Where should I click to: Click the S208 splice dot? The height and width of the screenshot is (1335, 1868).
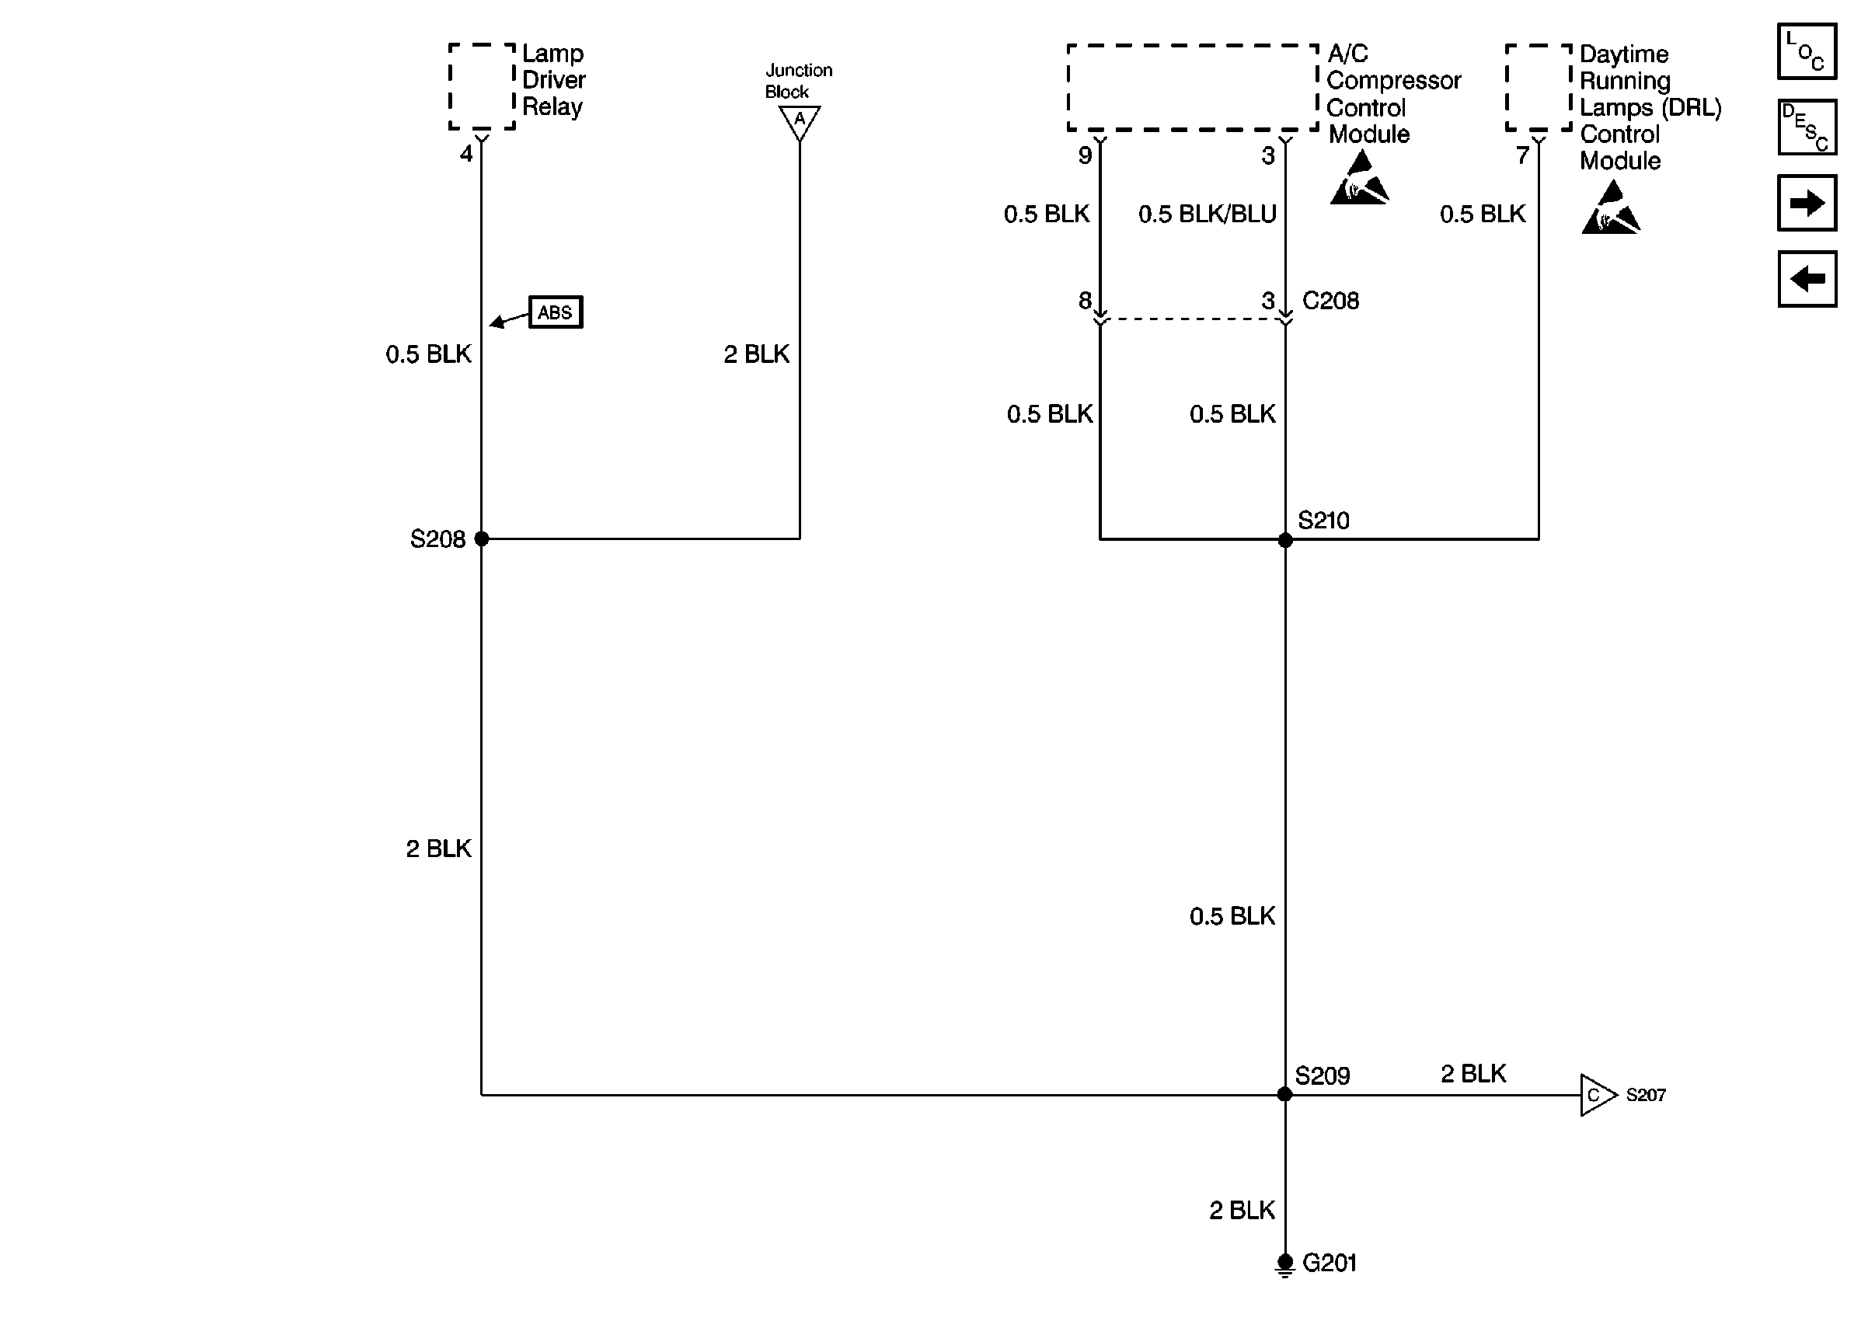click(482, 539)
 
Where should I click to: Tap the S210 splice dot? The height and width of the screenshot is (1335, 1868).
click(1285, 540)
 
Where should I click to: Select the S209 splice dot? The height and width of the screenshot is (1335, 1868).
click(1284, 1094)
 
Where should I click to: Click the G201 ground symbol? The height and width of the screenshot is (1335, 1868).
click(1285, 1264)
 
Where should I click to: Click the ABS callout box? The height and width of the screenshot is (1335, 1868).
click(556, 312)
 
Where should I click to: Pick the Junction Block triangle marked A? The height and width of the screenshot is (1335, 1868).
click(799, 122)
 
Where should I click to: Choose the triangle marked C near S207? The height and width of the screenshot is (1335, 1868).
click(1596, 1095)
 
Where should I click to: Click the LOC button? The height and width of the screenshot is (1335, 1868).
click(1807, 51)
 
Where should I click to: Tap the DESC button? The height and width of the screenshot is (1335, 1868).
click(1807, 127)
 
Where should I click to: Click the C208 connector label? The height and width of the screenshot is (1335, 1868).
click(1330, 301)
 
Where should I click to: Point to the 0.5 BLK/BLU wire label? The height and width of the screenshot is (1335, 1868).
click(1207, 214)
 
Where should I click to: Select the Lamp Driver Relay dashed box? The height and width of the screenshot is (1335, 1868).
click(482, 86)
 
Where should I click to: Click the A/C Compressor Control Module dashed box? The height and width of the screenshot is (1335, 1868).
click(1192, 87)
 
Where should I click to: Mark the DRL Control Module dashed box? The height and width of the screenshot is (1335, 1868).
click(1538, 87)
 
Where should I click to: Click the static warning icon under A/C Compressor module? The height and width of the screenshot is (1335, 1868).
click(1359, 180)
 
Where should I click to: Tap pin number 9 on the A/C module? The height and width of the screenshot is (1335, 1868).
click(1085, 155)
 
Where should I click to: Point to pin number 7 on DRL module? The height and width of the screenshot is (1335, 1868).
click(1522, 155)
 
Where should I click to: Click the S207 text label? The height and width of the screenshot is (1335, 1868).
click(1645, 1095)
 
